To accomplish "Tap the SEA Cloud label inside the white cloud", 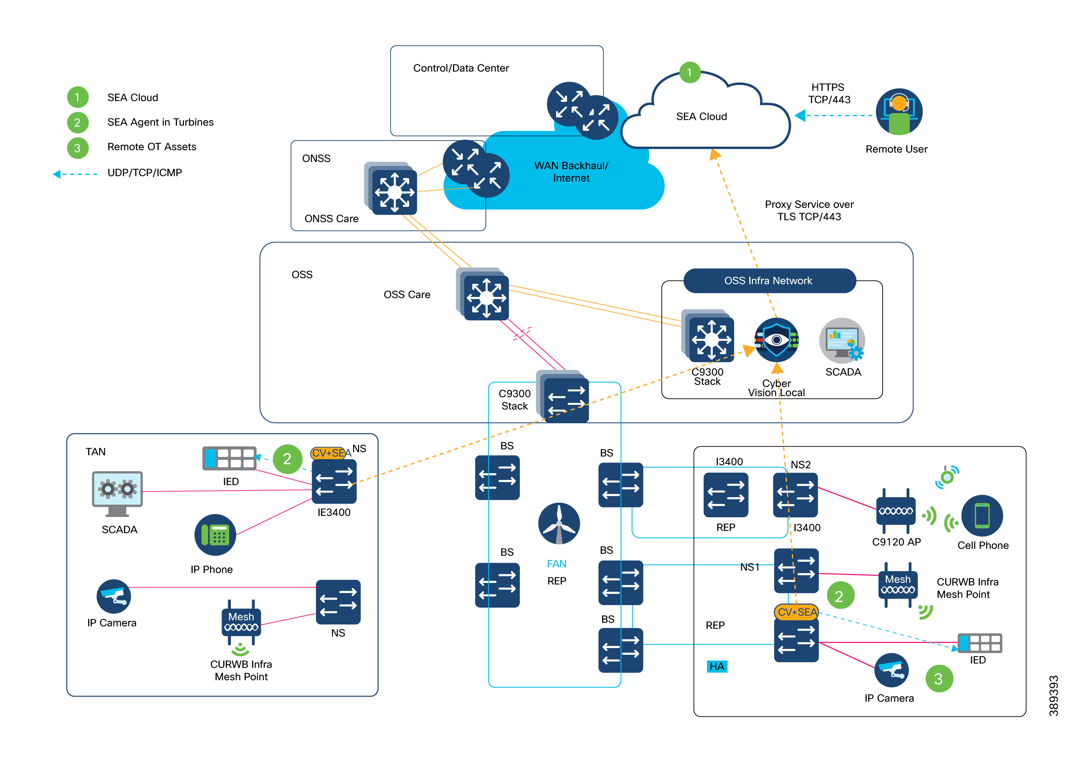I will coord(701,116).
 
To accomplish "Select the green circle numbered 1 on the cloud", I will coord(689,72).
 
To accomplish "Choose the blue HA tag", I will coord(717,666).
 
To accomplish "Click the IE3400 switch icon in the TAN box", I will coord(334,482).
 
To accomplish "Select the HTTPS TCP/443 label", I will coord(829,93).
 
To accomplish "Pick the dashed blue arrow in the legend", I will coord(75,174).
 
